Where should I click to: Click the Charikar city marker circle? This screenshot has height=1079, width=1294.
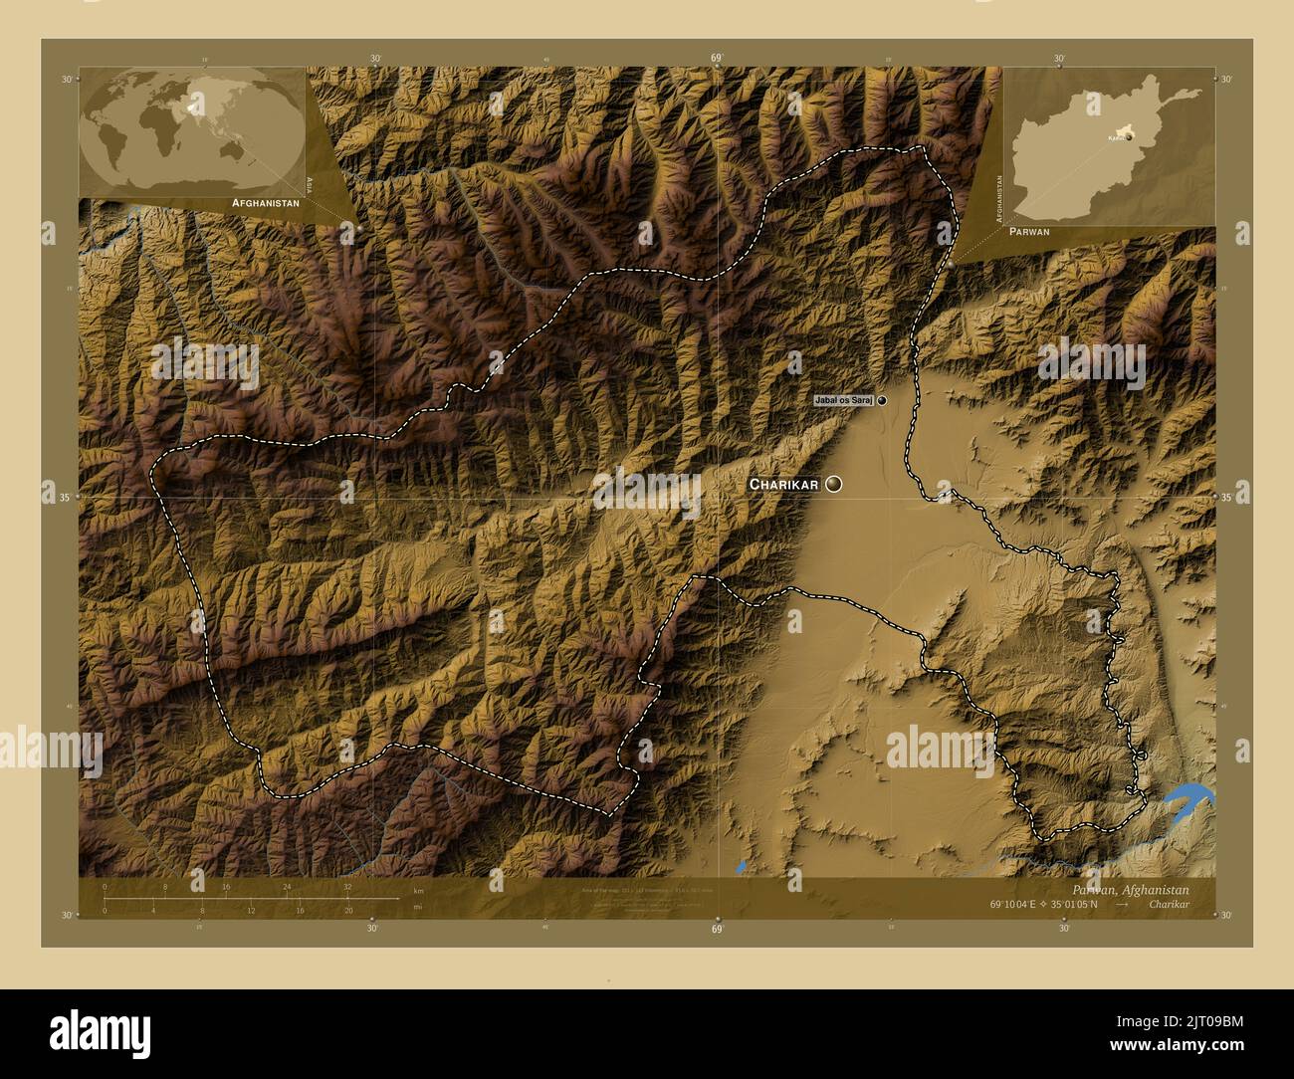833,484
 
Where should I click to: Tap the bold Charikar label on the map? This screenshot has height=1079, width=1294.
783,485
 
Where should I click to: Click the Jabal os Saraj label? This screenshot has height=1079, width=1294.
843,400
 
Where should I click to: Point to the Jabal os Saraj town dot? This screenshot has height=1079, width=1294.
882,400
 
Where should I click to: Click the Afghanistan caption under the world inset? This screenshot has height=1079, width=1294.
265,202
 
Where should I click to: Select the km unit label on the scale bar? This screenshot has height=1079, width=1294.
418,890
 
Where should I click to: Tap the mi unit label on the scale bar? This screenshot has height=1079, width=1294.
418,908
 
